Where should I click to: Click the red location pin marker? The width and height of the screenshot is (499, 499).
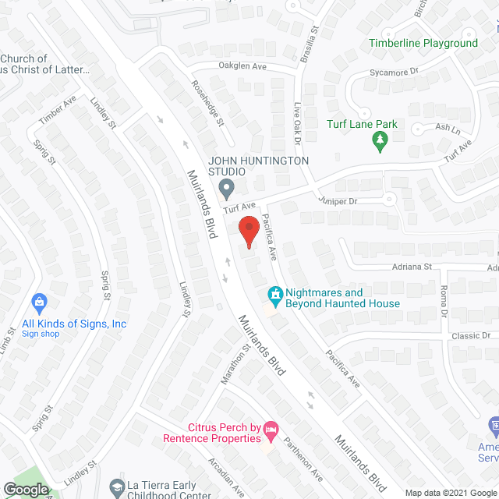click(x=248, y=232)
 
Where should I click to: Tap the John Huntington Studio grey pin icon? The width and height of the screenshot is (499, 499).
click(x=227, y=188)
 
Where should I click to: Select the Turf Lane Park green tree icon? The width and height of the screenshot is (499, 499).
click(x=380, y=140)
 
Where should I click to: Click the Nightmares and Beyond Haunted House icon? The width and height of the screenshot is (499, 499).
click(x=274, y=294)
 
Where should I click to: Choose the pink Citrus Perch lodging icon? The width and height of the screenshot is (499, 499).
click(x=271, y=428)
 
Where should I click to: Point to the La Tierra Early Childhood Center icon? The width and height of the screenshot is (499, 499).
click(x=116, y=487)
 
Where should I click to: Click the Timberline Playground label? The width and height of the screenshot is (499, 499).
click(x=423, y=43)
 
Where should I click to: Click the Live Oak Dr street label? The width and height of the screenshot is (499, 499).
click(x=297, y=126)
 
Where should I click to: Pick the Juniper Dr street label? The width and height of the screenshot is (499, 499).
click(x=337, y=200)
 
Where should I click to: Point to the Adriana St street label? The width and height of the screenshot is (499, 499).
click(x=411, y=267)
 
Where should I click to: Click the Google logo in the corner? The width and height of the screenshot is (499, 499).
click(x=26, y=489)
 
